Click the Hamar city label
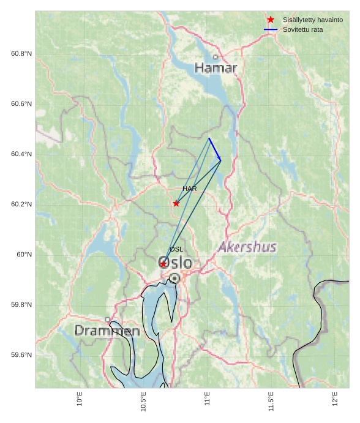pos(216,68)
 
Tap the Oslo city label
pos(175,263)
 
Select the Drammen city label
pos(107,331)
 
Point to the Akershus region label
pos(247,247)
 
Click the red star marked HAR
pos(176,203)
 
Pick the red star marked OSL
pos(163,264)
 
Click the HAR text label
pos(190,189)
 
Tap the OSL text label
pos(176,249)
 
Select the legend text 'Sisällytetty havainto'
pos(312,20)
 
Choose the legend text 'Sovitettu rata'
pos(302,29)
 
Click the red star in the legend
pos(271,20)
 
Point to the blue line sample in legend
pos(271,29)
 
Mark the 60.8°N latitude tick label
pos(21,54)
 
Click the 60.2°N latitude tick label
pos(21,204)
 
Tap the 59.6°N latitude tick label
pos(21,355)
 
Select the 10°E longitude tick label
pos(80,399)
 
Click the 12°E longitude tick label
pos(335,399)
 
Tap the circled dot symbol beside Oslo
pos(174,278)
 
